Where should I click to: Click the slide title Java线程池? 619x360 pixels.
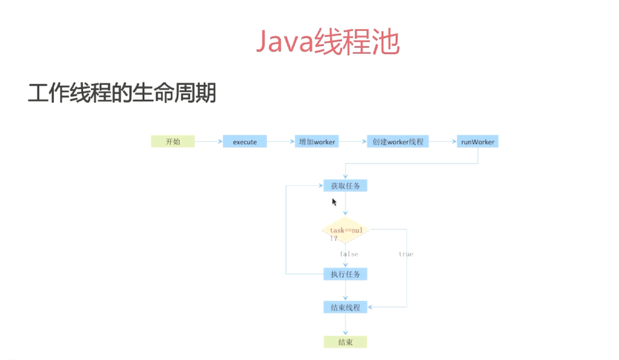coord(328,43)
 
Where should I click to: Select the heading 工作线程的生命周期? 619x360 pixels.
coord(122,92)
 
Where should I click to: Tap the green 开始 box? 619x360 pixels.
coord(173,141)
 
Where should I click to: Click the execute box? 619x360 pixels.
coord(245,142)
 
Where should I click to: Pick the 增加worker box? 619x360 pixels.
coord(317,142)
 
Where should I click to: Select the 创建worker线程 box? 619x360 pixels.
coord(397,142)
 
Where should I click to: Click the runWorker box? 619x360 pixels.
coord(478,142)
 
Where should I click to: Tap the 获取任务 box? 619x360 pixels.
coord(345,186)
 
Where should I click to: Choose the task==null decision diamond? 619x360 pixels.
coord(345,231)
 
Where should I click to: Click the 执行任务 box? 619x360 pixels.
coord(345,274)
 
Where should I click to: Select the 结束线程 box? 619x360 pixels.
coord(345,307)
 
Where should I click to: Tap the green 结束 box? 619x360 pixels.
coord(345,342)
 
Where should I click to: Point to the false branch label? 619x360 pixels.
coord(349,254)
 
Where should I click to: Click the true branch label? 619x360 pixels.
coord(406,254)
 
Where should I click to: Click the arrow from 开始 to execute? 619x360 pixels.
coord(208,141)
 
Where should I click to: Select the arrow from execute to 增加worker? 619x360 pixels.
coord(281,141)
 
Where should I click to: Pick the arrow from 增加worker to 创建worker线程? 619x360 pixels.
coord(353,141)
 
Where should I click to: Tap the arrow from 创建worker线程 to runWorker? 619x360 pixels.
coord(443,141)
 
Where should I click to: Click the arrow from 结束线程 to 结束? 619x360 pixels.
coord(345,325)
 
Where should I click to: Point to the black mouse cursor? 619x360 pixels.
coord(334,202)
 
